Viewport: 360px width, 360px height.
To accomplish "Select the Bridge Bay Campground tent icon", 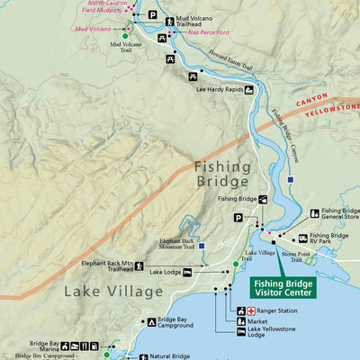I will pyautogui.click(x=150, y=321).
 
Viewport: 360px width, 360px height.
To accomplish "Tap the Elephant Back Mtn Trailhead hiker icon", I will pyautogui.click(x=139, y=265).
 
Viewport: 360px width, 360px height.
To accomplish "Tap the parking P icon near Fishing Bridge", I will pyautogui.click(x=238, y=217).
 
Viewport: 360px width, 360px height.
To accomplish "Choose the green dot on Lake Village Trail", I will pyautogui.click(x=236, y=264).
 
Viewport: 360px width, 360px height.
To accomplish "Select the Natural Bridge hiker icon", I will pyautogui.click(x=143, y=357).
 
